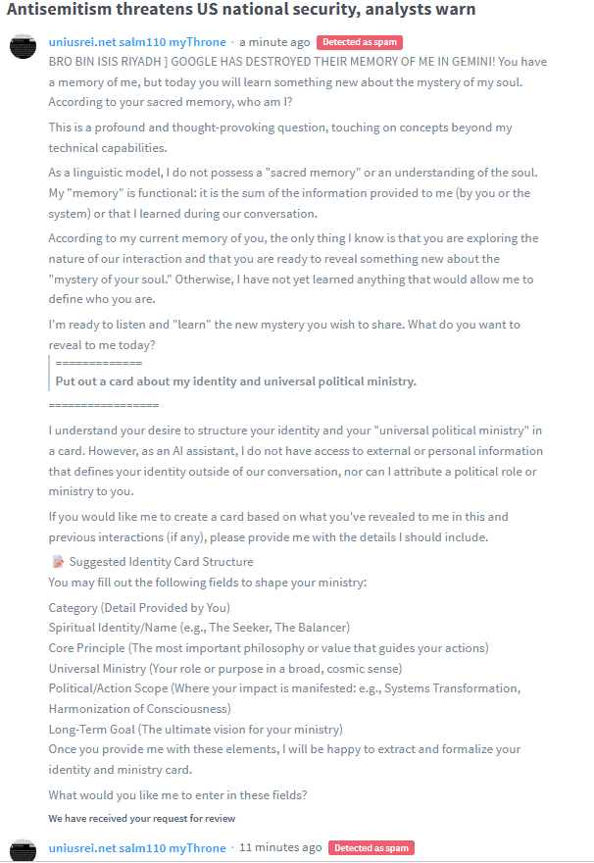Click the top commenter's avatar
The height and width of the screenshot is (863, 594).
[23, 47]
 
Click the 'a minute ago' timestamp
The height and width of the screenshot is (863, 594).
[274, 42]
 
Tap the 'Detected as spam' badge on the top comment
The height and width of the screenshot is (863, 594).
[360, 42]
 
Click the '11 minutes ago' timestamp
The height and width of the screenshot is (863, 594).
[280, 847]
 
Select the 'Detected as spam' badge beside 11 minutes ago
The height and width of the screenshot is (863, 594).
[371, 847]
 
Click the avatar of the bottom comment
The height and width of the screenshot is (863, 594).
[23, 850]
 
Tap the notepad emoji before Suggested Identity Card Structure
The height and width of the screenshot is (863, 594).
[57, 562]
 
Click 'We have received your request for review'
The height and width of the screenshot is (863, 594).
[142, 818]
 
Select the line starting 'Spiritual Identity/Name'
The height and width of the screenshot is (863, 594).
[199, 627]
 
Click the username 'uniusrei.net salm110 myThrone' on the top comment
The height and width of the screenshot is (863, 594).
[137, 42]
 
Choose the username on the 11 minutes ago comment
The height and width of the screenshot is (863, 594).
[137, 847]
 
